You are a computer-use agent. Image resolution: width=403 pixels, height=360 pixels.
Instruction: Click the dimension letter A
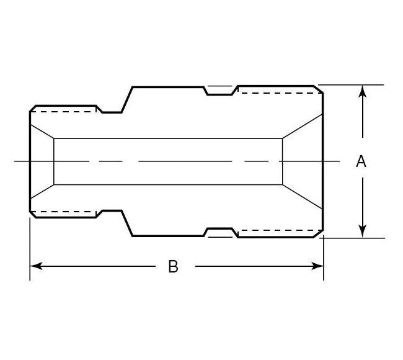coord(361,161)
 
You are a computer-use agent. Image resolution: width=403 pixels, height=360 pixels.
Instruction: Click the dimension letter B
coord(173,266)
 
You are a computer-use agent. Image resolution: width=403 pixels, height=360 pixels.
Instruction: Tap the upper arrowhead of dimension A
coord(363,91)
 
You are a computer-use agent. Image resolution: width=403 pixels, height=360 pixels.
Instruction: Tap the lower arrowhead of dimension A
coord(363,232)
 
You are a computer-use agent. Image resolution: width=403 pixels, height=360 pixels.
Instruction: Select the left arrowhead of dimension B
coord(36,266)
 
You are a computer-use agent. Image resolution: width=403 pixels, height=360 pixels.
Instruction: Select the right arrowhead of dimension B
coord(317,266)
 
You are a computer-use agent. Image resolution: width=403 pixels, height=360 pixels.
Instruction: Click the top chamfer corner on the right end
coord(318,89)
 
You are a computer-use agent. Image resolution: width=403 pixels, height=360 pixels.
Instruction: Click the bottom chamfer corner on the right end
coord(318,233)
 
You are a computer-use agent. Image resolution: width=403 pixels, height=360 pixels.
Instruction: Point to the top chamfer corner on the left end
coord(33,109)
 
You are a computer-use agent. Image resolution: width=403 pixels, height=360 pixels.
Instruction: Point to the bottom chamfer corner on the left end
coord(33,214)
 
